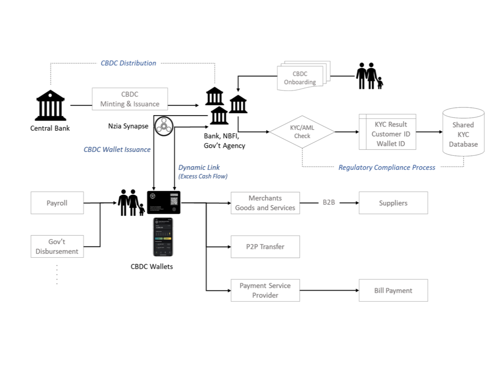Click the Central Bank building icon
click(50, 106)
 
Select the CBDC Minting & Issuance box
click(129, 99)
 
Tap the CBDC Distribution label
click(128, 63)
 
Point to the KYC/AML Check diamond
click(302, 132)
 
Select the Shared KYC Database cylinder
click(463, 132)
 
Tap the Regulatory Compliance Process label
click(386, 167)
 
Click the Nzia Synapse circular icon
click(164, 126)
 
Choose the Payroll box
click(57, 203)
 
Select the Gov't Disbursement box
click(57, 247)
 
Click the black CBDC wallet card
click(164, 203)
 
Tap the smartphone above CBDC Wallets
click(163, 237)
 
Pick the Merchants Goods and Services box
click(265, 203)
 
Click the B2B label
click(328, 203)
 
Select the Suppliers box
click(393, 203)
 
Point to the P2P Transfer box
click(265, 247)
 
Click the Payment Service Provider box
click(265, 290)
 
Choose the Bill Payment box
click(393, 290)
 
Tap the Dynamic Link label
click(199, 168)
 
